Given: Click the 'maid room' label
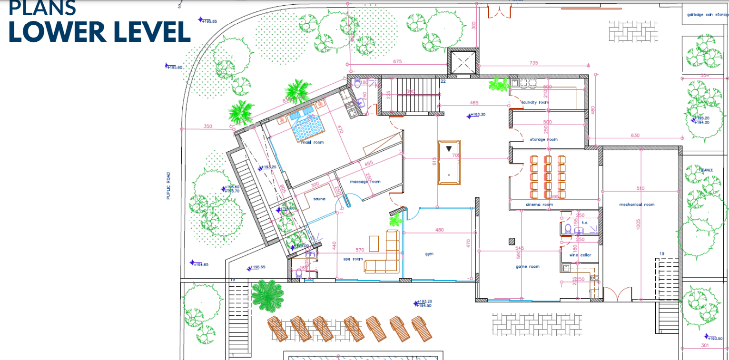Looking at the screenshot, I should click(312, 142).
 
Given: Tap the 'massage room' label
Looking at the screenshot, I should click(365, 182).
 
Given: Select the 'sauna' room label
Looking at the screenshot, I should click(319, 199).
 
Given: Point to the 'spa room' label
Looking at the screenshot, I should click(353, 259).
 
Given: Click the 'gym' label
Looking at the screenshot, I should click(429, 254).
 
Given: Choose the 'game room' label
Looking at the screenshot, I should click(528, 267).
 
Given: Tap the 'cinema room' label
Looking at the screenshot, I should click(539, 204).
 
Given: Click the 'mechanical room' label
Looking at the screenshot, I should click(637, 204).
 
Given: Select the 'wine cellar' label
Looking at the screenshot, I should click(581, 255).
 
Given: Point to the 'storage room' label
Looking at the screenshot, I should click(543, 139).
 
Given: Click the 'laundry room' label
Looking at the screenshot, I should click(535, 102).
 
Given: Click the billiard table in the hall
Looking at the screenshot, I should click(449, 162).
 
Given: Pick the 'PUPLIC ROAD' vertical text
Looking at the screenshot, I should click(168, 185).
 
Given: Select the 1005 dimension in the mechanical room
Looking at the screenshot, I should click(638, 224).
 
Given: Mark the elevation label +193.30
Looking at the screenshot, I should click(477, 115).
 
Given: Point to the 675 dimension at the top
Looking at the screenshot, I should click(398, 62).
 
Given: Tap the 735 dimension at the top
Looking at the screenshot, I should click(533, 63).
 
